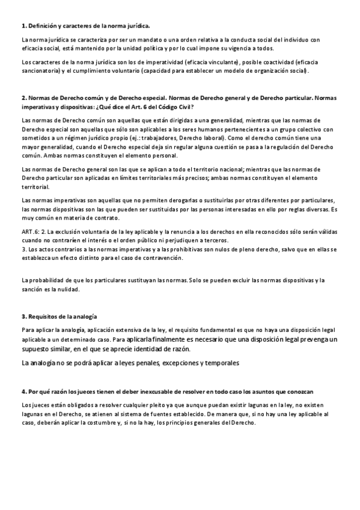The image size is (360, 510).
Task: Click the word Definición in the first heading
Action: pyautogui.click(x=43, y=26)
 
